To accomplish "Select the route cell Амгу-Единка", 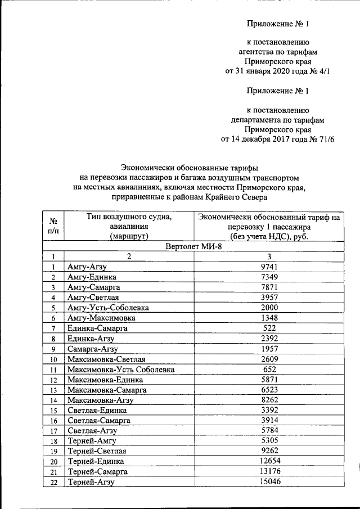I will click(92, 277).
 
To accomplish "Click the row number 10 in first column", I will click(53, 359).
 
